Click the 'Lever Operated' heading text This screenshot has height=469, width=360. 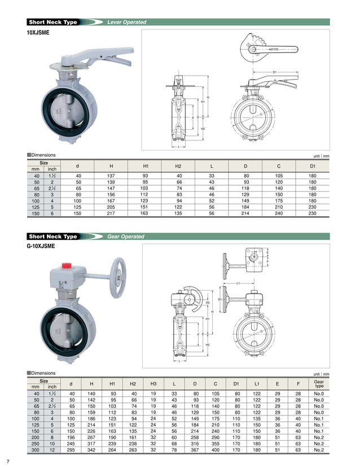[126, 23]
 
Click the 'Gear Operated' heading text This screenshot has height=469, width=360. [125, 236]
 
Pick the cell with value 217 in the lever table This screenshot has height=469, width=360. [111, 214]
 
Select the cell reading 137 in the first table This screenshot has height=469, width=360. [111, 177]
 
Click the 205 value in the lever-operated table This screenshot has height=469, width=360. [111, 208]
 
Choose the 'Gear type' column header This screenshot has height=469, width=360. [319, 384]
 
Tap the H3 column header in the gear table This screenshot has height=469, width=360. [153, 384]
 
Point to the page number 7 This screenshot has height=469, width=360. [8, 461]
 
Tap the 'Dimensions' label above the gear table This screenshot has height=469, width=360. [43, 373]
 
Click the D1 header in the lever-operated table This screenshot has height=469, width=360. [312, 165]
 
